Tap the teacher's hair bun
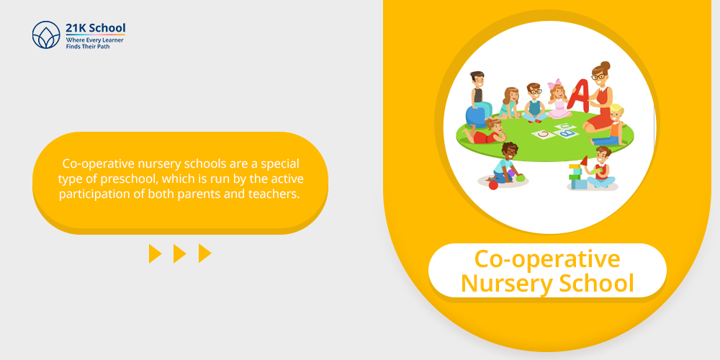click(606, 66)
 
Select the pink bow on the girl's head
click(554, 84)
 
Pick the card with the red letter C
click(543, 135)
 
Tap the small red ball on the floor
click(493, 185)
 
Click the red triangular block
click(584, 161)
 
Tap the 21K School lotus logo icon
click(46, 35)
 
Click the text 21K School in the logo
click(96, 27)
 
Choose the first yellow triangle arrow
click(156, 253)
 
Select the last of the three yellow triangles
click(204, 253)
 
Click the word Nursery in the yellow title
click(505, 283)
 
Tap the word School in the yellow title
click(596, 282)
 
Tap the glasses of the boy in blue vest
click(534, 91)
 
